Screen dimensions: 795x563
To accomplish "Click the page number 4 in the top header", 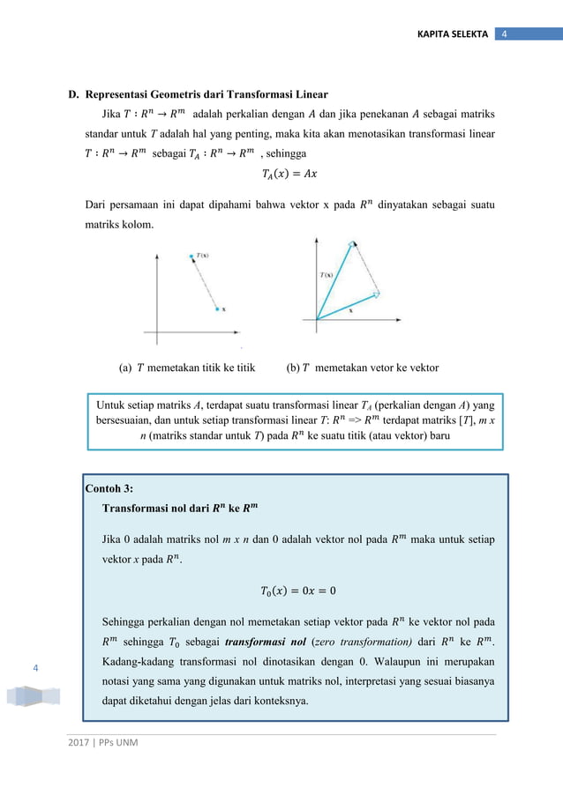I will click(504, 33).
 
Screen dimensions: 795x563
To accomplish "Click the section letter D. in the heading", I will click(75, 94).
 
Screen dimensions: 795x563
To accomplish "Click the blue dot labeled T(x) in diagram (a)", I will click(190, 257).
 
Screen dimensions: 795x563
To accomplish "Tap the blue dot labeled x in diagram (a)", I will click(215, 309).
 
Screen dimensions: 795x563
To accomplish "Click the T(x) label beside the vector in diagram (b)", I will click(327, 275).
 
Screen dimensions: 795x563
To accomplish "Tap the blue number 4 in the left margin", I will click(35, 669).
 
